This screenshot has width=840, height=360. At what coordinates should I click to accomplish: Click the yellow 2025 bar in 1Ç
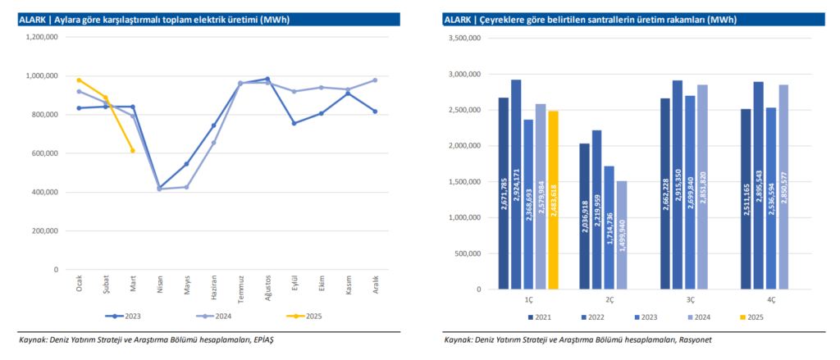pyautogui.click(x=554, y=200)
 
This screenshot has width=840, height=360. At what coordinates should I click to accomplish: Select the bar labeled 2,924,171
pyautogui.click(x=516, y=185)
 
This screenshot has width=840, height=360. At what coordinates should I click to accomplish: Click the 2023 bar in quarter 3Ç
pyautogui.click(x=690, y=193)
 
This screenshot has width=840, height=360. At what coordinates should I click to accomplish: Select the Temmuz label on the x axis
pyautogui.click(x=240, y=289)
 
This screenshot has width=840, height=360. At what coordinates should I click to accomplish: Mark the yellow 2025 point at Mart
pyautogui.click(x=132, y=150)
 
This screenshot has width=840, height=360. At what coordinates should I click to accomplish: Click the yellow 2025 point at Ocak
pyautogui.click(x=79, y=80)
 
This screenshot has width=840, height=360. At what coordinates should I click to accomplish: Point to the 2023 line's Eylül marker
pyautogui.click(x=294, y=123)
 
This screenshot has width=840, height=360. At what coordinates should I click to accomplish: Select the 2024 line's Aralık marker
pyautogui.click(x=375, y=80)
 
